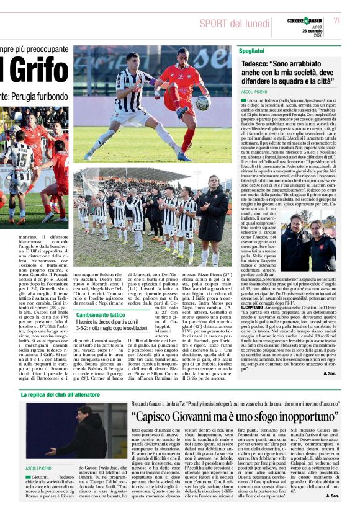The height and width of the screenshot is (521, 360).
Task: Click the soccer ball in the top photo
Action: (x=203, y=102)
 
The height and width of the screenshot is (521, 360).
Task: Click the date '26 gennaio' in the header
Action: (x=314, y=32)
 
